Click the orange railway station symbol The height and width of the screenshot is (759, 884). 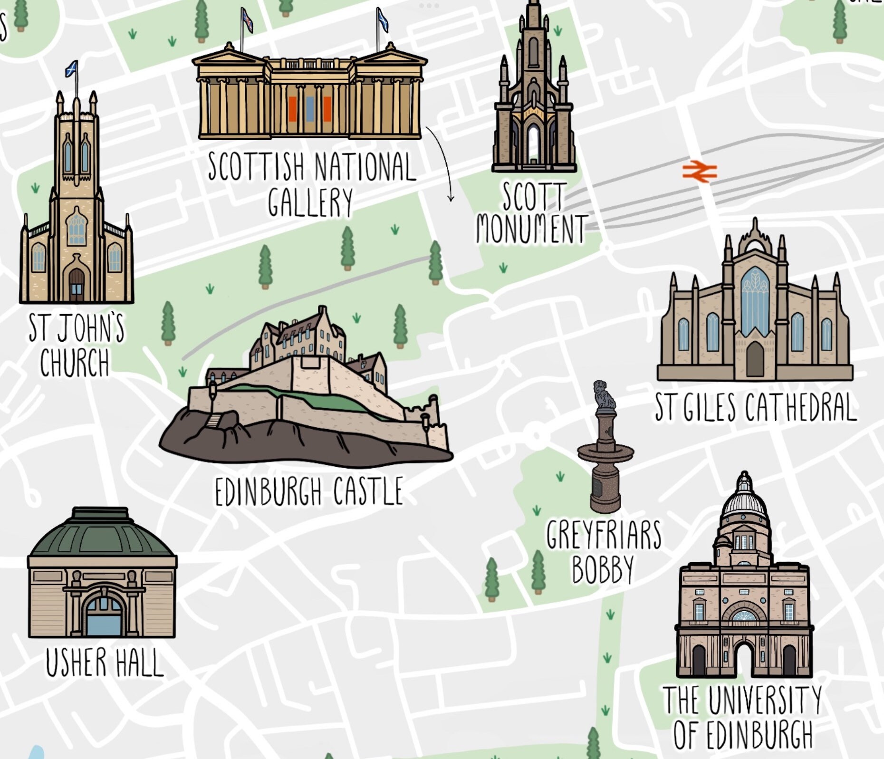tap(699, 172)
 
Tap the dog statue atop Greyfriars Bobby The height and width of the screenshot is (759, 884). tap(603, 394)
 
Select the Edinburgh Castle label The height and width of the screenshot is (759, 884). tap(309, 492)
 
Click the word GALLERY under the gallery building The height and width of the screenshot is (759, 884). tap(310, 202)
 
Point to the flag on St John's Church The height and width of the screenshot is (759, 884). tap(72, 69)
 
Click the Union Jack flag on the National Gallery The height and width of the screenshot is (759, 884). tap(247, 20)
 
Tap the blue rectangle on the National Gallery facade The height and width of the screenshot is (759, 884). tap(310, 109)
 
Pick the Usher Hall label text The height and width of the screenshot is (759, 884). tap(104, 663)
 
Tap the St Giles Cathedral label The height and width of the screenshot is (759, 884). tap(755, 408)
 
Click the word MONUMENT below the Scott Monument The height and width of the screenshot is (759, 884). tap(531, 229)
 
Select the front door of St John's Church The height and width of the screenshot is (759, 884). tap(77, 285)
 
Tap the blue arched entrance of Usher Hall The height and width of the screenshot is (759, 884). tap(103, 618)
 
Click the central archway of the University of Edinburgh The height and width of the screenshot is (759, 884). tap(744, 658)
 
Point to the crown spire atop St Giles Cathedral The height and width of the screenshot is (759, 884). tap(754, 238)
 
